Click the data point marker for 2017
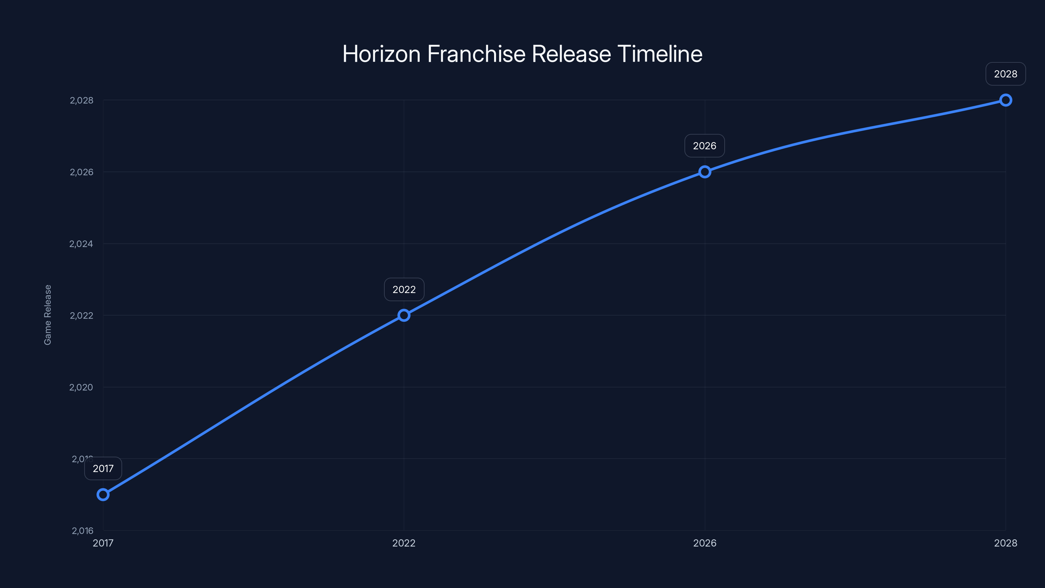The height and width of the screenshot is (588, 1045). (103, 495)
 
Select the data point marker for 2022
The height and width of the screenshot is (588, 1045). (404, 315)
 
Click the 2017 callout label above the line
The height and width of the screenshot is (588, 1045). (103, 469)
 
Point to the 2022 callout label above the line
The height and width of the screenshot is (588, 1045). (404, 289)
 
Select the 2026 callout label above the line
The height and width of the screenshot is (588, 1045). (705, 146)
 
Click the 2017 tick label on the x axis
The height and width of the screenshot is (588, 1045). (103, 543)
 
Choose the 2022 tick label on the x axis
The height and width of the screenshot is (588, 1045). (404, 543)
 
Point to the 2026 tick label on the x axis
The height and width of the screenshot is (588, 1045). (705, 543)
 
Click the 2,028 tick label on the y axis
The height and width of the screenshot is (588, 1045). (82, 100)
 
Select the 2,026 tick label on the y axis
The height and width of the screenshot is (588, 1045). (82, 172)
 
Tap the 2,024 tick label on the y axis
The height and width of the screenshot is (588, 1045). (81, 244)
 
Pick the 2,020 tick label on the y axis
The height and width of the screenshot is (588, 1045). (81, 387)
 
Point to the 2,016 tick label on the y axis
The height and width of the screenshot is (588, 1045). (82, 531)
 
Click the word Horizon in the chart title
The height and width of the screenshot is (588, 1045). (381, 54)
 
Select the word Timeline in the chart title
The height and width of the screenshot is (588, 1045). (660, 54)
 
